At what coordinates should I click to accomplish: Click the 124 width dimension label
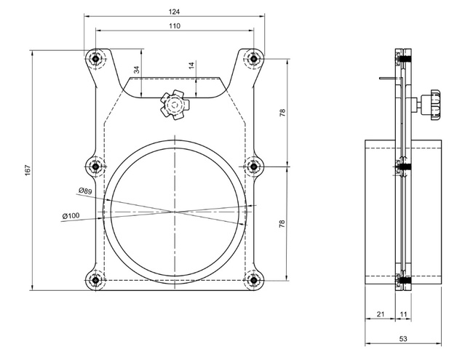[174, 12]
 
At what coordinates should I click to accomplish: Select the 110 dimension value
[174, 25]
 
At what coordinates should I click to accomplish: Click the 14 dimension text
[191, 65]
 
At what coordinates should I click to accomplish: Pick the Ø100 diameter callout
[71, 215]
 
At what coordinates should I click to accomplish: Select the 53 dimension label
[402, 339]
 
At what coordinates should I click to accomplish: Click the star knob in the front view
[175, 105]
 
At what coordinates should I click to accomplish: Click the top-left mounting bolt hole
[95, 59]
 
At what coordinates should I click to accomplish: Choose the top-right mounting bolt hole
[253, 59]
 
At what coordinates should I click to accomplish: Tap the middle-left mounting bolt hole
[95, 167]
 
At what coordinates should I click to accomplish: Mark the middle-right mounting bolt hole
[253, 167]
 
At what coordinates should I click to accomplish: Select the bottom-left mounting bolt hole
[95, 279]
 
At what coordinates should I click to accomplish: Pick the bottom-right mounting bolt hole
[253, 279]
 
